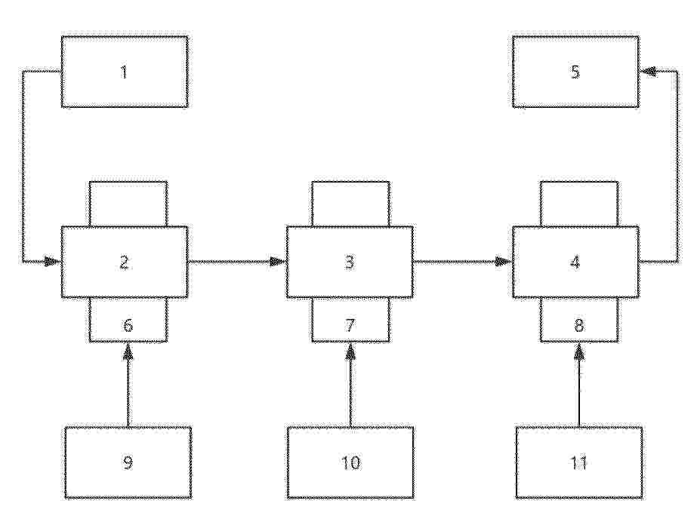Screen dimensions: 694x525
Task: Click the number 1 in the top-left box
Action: (125, 72)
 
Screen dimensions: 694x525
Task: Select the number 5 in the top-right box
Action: (575, 72)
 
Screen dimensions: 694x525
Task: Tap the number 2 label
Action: (125, 262)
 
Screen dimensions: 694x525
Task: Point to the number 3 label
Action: (350, 262)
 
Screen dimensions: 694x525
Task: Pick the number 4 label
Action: (575, 262)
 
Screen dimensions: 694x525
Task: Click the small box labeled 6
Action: (128, 320)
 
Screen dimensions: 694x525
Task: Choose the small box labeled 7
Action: (351, 320)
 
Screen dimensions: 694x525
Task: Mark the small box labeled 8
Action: (579, 320)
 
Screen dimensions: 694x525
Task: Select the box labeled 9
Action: (128, 462)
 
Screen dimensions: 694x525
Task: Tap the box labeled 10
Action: (351, 462)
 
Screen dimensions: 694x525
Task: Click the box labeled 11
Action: (579, 462)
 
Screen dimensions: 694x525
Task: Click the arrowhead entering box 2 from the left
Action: (54, 262)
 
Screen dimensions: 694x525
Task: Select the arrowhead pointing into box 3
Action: (279, 262)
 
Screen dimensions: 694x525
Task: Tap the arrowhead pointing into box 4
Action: (504, 262)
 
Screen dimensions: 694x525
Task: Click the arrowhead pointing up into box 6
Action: (128, 351)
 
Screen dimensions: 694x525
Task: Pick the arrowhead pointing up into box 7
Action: (351, 351)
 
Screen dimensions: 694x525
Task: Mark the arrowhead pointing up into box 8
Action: (579, 351)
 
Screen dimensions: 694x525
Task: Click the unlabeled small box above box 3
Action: (351, 204)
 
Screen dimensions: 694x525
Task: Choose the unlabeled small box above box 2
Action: (128, 204)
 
